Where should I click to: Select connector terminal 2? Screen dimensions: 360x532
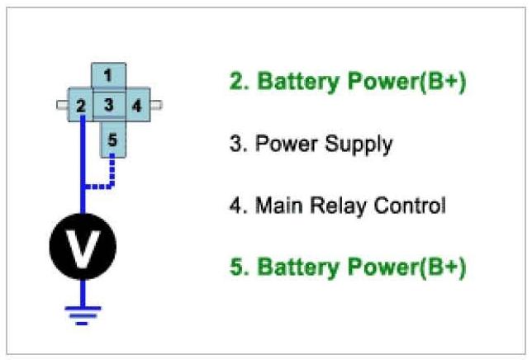[x=81, y=106]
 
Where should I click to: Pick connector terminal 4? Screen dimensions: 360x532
[x=136, y=106]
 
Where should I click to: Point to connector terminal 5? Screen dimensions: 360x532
[x=112, y=140]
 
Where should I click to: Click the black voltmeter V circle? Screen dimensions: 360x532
[x=83, y=245]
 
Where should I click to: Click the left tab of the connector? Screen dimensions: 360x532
[x=61, y=105]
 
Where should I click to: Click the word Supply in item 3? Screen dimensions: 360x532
[x=359, y=144]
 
